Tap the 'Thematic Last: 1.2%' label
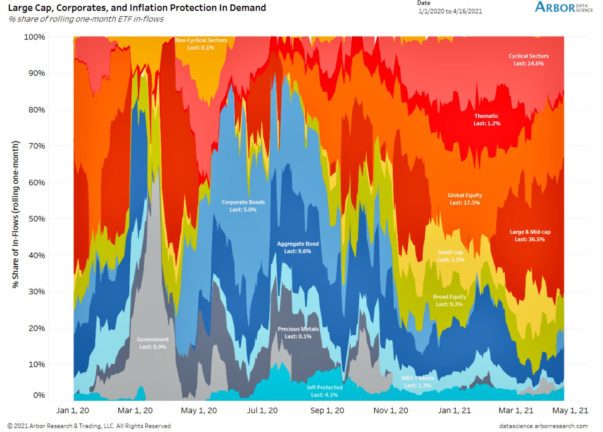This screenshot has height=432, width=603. pos(486,120)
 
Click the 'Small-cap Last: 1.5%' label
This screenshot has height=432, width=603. pos(450,256)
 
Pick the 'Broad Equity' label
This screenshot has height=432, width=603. pos(449,300)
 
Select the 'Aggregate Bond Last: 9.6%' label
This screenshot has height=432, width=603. pos(298,247)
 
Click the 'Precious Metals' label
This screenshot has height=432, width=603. pos(298,332)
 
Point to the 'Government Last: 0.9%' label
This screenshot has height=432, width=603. pos(153,343)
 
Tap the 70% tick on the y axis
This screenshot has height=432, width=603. pos(37,146)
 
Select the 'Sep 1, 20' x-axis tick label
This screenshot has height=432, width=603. pos(327,410)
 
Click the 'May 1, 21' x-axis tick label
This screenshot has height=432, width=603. pos(570,410)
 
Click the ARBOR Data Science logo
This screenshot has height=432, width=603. pos(563,7)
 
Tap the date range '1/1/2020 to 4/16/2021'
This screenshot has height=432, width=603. pos(450,11)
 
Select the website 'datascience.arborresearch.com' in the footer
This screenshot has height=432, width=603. pos(543,426)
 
